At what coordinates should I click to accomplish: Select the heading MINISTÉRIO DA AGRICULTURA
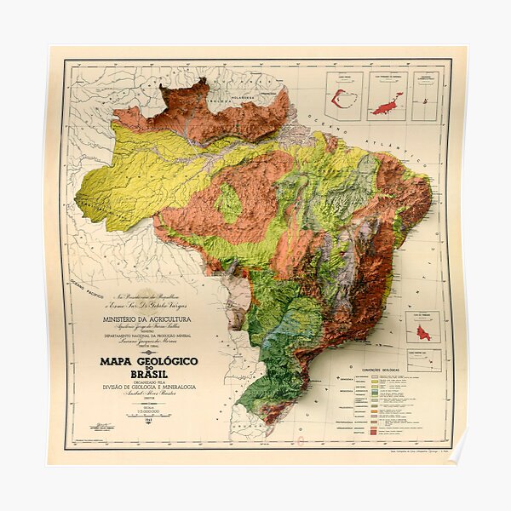point(149,319)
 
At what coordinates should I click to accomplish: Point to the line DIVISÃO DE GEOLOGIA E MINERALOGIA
point(149,388)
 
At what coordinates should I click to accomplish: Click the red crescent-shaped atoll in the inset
point(343,98)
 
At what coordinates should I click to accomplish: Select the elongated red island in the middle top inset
point(387,105)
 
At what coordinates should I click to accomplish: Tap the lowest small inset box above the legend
point(423,360)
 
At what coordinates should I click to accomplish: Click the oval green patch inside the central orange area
point(227,204)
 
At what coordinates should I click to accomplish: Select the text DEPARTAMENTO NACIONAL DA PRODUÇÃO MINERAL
point(149,336)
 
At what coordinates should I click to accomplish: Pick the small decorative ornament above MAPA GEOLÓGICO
point(149,352)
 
